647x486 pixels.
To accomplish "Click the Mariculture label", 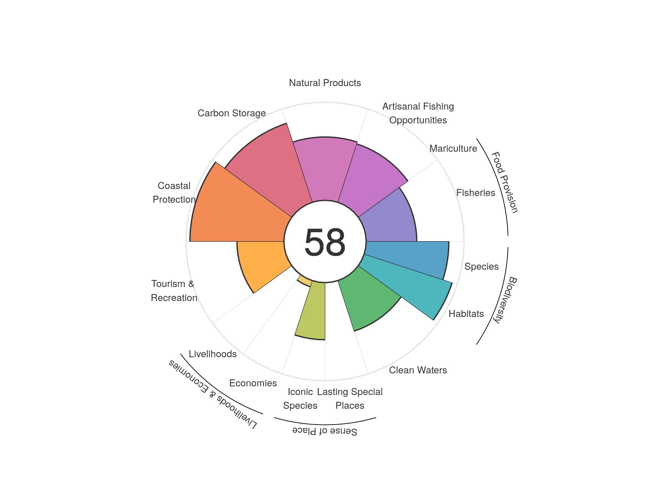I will tap(453, 148).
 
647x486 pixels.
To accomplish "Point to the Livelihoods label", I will tap(213, 354).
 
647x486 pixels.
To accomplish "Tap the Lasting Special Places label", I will tap(350, 399).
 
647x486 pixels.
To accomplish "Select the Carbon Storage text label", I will tap(232, 113).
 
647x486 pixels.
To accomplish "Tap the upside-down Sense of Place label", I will tap(325, 431).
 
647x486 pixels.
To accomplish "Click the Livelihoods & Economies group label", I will tap(213, 394).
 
